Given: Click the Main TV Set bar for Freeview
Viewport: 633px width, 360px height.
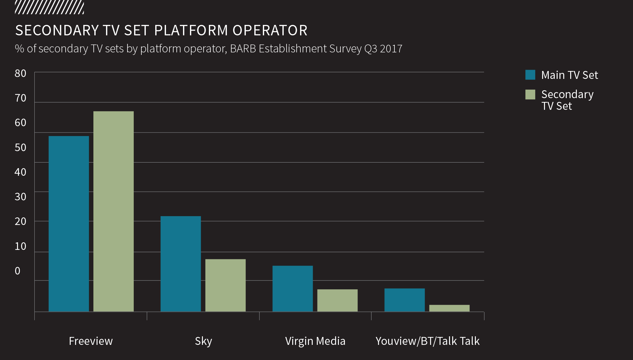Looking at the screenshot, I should (x=69, y=224).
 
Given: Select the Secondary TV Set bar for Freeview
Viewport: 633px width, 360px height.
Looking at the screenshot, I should (x=114, y=211).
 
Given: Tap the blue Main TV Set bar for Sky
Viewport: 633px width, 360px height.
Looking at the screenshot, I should (x=181, y=264).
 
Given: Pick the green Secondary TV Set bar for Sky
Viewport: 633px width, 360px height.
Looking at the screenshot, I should (x=226, y=285).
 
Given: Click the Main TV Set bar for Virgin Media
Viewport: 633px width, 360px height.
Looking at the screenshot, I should (x=293, y=289).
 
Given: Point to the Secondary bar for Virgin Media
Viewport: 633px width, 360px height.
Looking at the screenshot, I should (x=338, y=300).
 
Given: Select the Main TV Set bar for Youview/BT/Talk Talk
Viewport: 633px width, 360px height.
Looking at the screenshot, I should (x=405, y=300).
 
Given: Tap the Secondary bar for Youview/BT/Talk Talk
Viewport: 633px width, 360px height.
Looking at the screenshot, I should (x=449, y=308).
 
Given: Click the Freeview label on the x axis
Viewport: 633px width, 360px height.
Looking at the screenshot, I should (x=91, y=341).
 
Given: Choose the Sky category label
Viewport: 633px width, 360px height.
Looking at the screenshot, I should (x=204, y=341).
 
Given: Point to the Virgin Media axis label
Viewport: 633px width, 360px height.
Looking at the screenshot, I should (x=315, y=341).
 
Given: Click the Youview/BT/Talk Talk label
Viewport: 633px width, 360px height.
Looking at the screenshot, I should (x=428, y=341).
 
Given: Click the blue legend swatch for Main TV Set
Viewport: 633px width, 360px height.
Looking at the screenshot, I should (x=530, y=75).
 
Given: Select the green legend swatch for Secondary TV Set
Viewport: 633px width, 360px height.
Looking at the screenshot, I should (x=530, y=94).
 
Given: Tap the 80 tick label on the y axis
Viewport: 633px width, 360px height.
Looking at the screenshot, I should (x=21, y=74).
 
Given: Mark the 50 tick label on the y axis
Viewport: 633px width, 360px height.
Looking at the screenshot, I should (x=21, y=147).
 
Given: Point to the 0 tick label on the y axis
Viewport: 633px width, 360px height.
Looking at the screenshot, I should (x=18, y=271).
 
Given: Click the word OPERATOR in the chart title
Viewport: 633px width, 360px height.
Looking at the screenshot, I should (x=270, y=31).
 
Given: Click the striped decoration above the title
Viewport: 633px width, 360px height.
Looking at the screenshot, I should (x=50, y=8).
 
